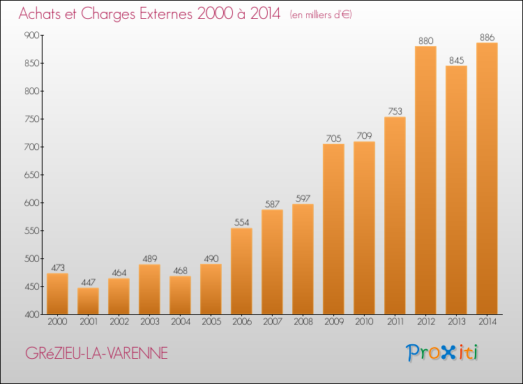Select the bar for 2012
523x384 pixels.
point(425,180)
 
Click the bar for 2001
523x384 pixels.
point(88,301)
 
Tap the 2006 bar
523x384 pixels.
point(241,271)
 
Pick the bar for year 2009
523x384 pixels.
point(333,229)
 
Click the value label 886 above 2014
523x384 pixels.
point(487,38)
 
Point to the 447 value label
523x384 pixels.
point(88,283)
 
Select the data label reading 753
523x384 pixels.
point(395,111)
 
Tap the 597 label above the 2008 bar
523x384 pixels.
point(303,199)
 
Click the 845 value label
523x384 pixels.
point(456,61)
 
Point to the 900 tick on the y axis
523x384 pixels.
point(31,35)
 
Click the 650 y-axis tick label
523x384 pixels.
point(31,175)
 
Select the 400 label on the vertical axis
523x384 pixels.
point(31,315)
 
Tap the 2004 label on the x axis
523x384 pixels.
point(181,322)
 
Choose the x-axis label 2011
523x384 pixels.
point(395,322)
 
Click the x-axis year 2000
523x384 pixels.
point(57,322)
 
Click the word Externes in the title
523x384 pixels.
point(166,14)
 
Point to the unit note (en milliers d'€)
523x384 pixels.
point(321,15)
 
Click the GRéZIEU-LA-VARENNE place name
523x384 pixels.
point(97,353)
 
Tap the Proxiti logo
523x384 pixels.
point(442,353)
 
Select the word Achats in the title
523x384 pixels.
point(40,14)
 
